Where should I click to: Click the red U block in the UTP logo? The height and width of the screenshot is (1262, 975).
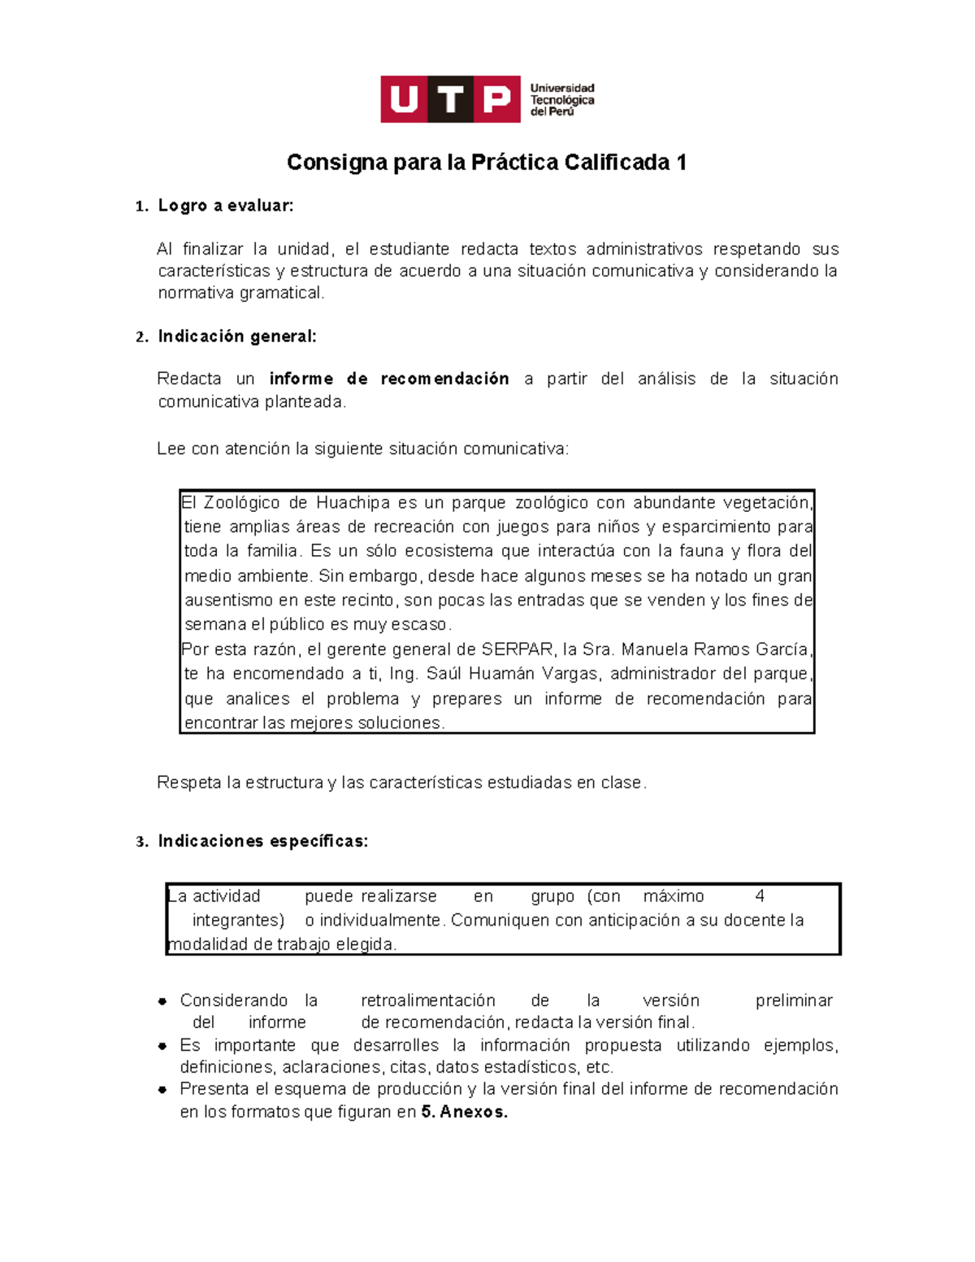[x=404, y=99]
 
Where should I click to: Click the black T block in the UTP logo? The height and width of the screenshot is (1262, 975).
[x=450, y=99]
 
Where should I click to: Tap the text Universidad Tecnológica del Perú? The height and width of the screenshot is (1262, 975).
[x=561, y=99]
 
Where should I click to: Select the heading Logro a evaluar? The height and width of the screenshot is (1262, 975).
[x=225, y=206]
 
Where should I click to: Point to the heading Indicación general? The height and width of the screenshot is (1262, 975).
[x=236, y=336]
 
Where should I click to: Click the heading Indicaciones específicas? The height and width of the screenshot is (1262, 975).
[x=262, y=841]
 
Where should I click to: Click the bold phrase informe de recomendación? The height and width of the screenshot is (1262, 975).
[x=389, y=379]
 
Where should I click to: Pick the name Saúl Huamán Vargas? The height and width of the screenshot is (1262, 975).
[x=513, y=674]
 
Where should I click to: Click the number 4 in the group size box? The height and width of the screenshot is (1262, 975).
[x=760, y=896]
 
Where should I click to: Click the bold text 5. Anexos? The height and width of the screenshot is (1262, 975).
[x=465, y=1112]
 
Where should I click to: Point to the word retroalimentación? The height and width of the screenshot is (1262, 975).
[x=427, y=1000]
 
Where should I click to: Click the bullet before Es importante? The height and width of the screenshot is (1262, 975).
[x=163, y=1046]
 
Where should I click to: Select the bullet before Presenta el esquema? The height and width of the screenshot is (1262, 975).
[x=163, y=1090]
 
